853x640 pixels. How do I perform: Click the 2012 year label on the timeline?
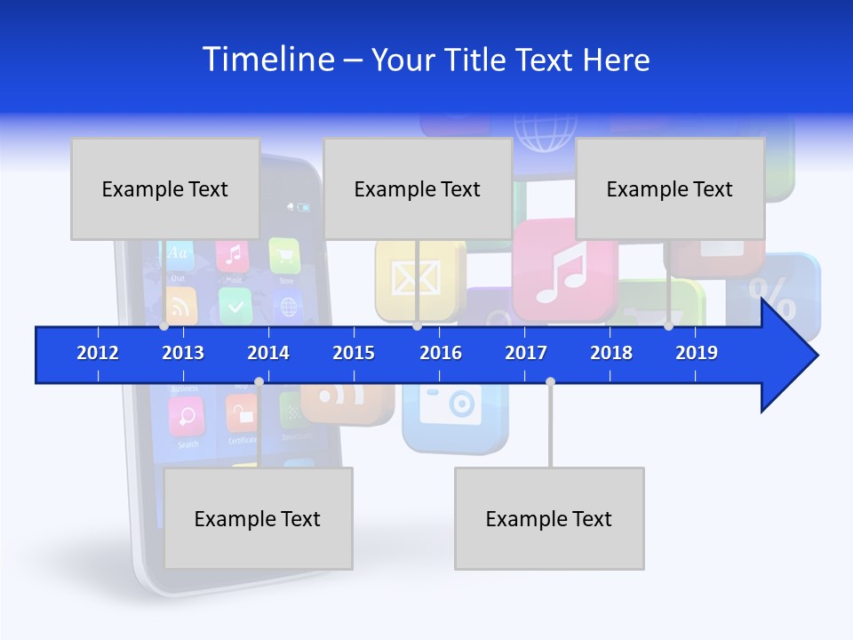click(98, 353)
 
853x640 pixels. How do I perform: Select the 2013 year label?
click(183, 353)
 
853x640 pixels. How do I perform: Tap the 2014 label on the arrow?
click(268, 353)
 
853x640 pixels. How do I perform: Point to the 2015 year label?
click(354, 353)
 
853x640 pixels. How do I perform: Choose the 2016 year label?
click(441, 353)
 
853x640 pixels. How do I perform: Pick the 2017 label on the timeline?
click(526, 353)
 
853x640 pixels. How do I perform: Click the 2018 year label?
click(611, 353)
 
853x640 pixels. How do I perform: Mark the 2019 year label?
click(697, 353)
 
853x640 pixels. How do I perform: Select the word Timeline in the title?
click(267, 60)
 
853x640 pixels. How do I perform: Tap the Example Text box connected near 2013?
click(165, 188)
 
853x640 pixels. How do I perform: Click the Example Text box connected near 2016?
click(418, 188)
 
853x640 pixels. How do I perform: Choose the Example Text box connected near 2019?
click(670, 188)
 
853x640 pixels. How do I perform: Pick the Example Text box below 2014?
click(258, 518)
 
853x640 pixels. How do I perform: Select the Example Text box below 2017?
click(549, 518)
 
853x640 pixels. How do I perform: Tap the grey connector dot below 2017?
click(550, 381)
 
